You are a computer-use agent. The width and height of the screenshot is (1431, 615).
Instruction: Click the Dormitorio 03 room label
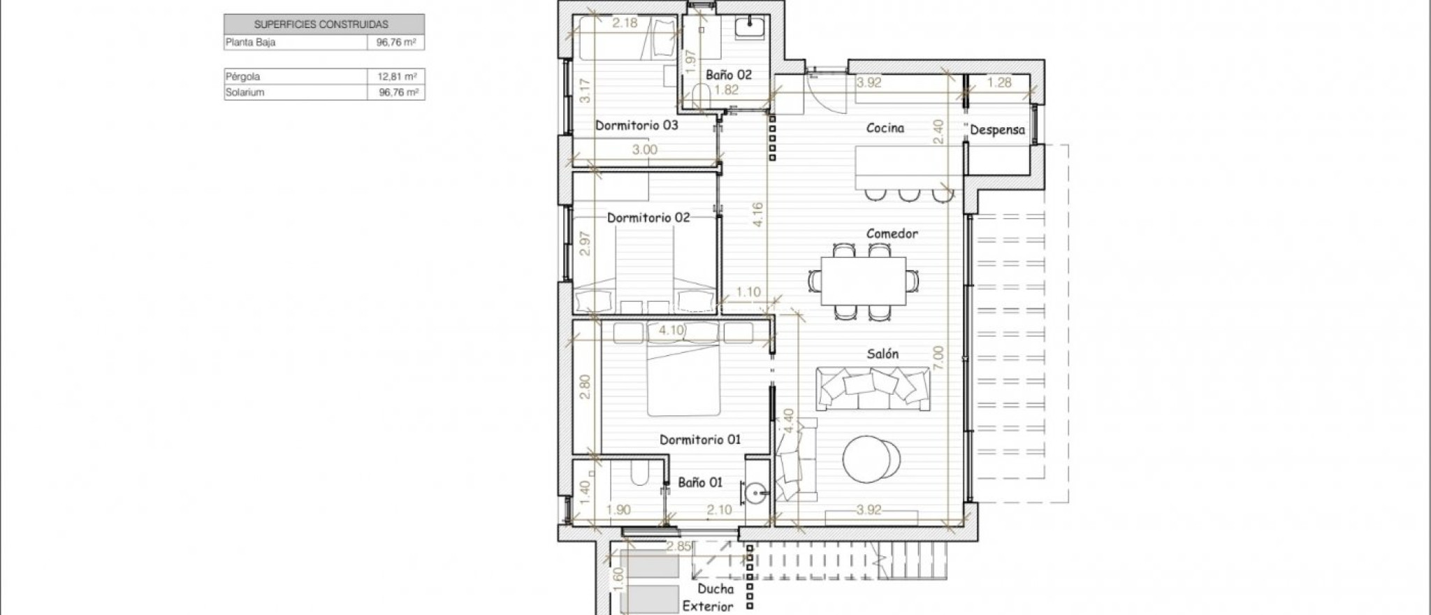(x=637, y=126)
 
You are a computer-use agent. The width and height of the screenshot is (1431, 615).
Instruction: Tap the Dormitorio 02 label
(x=648, y=217)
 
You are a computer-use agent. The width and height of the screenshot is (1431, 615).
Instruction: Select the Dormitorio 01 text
(x=700, y=440)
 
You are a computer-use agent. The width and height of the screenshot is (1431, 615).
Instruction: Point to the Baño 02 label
(x=729, y=74)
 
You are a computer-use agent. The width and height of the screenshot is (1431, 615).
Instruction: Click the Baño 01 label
(x=700, y=482)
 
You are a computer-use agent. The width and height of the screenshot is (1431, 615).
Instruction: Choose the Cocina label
(x=885, y=128)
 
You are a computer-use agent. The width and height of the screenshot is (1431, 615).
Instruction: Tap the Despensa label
(x=998, y=130)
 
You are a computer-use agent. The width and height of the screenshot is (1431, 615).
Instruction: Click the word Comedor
(x=892, y=233)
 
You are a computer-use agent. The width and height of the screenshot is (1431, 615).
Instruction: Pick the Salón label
(x=882, y=354)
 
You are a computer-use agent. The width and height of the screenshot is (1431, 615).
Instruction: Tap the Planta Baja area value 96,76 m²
(x=396, y=42)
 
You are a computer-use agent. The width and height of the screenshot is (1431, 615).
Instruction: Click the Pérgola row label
(x=242, y=77)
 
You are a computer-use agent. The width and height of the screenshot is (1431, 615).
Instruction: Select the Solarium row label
(x=245, y=92)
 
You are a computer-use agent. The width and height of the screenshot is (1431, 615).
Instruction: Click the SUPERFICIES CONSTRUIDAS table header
(x=321, y=24)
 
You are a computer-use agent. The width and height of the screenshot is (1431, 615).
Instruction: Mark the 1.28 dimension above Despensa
(x=1000, y=82)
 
